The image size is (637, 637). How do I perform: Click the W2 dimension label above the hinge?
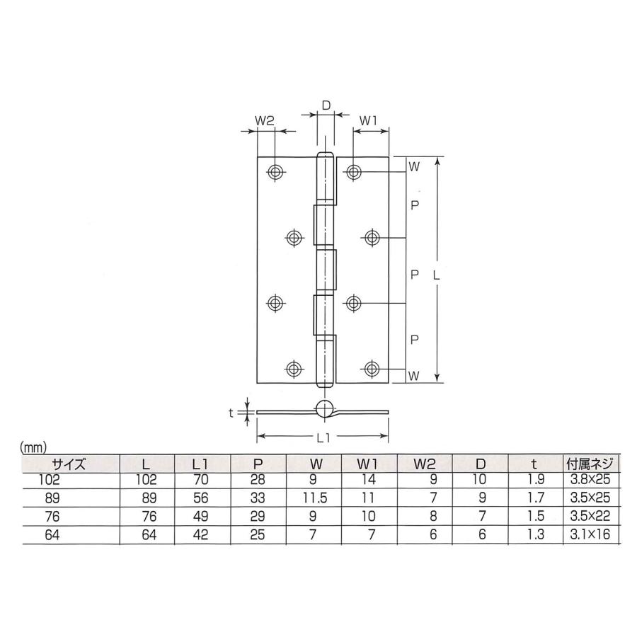click(264, 121)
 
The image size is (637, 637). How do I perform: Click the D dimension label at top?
click(326, 105)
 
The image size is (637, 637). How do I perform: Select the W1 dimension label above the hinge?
click(367, 121)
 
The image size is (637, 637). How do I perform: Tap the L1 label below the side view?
click(322, 438)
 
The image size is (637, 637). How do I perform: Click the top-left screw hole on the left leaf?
click(275, 172)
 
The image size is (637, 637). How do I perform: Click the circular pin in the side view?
click(323, 408)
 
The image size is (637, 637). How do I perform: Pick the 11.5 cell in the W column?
click(317, 498)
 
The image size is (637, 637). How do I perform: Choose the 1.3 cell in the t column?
click(535, 536)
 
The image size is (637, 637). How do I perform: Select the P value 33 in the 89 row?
click(258, 498)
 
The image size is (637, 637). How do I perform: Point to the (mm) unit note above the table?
click(33, 447)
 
